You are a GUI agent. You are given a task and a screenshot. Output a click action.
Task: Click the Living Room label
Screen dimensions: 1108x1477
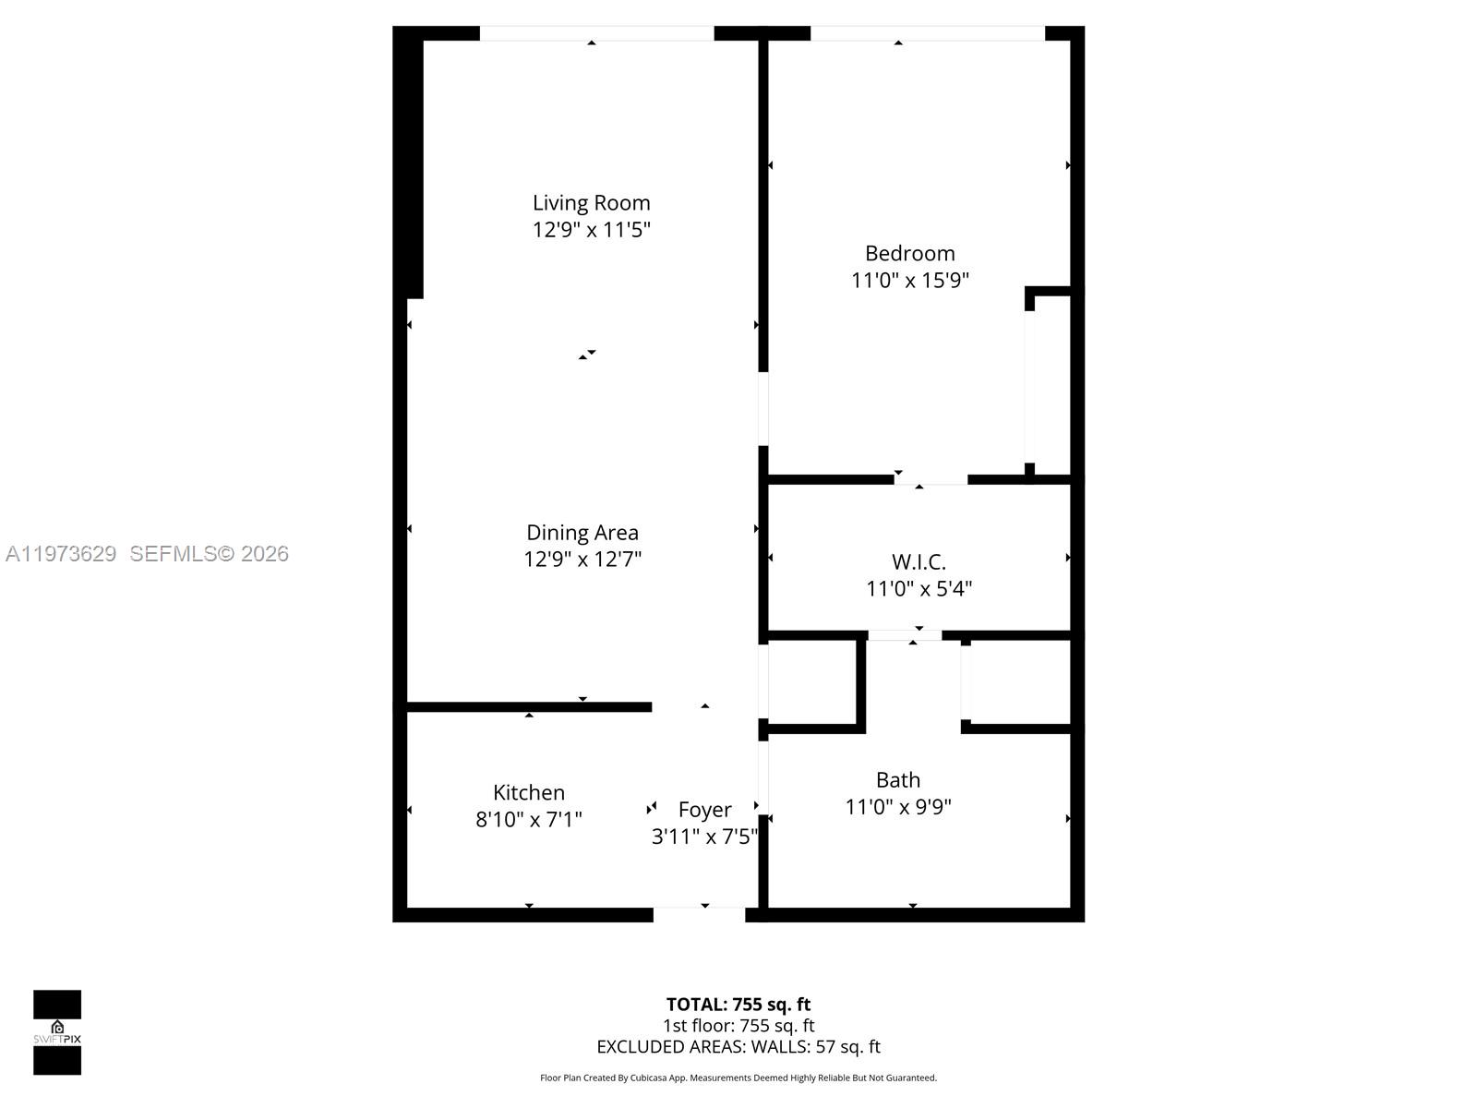pos(591,203)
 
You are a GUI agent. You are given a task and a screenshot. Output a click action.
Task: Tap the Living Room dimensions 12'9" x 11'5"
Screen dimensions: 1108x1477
pos(591,230)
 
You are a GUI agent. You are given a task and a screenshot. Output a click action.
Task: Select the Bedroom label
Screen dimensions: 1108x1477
pos(909,253)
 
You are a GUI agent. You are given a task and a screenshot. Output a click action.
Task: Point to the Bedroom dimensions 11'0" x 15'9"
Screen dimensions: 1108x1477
pos(909,280)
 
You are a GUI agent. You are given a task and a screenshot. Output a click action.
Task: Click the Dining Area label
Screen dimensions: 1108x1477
pos(582,533)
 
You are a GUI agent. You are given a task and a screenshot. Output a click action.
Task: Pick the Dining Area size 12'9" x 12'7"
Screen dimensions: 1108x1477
pos(582,560)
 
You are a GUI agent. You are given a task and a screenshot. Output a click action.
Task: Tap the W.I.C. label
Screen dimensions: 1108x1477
pos(919,561)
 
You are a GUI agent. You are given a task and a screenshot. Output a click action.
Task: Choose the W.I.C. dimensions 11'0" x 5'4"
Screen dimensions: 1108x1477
pos(919,588)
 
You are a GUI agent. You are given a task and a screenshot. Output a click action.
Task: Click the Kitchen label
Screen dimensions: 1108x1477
pos(528,792)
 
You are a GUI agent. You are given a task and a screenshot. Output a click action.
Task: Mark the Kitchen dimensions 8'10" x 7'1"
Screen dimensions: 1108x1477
pos(528,819)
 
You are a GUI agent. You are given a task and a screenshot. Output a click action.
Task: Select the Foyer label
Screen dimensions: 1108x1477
pos(704,810)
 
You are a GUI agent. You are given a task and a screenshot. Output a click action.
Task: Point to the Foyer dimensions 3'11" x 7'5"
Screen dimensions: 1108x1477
pos(704,837)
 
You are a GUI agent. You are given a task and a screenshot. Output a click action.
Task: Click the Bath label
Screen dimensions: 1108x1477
pos(897,780)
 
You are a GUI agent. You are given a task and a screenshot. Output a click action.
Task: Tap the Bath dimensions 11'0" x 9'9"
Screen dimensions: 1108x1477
pos(897,807)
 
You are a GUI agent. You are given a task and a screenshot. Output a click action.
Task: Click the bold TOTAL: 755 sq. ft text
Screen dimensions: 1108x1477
pos(738,1005)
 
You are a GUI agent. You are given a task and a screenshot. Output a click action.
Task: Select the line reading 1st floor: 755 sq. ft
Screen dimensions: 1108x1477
pos(738,1026)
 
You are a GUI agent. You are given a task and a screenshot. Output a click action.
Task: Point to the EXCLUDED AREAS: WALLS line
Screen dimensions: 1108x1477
pos(738,1047)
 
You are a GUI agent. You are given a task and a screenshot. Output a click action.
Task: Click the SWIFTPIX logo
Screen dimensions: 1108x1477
pos(57,1032)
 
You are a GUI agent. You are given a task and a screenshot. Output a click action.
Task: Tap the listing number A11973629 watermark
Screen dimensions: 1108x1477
pos(61,554)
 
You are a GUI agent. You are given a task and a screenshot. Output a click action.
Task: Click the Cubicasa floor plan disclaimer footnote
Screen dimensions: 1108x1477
pos(738,1078)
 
